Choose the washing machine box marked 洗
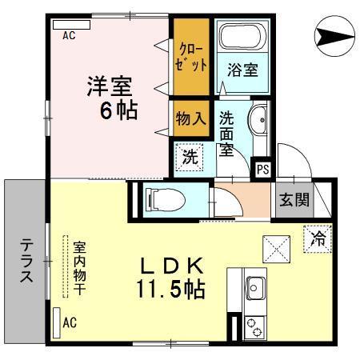pos(190,157)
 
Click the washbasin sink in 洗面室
pos(259,122)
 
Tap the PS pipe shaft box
pos(262,169)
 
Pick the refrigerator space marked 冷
pos(318,238)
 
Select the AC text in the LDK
pos(70,323)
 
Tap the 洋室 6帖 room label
pos(111,97)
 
